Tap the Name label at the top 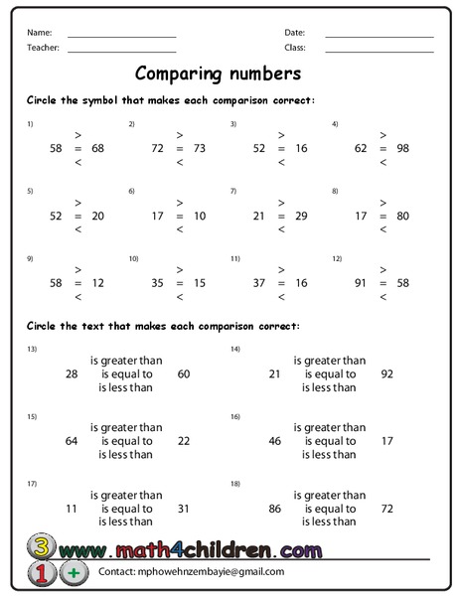pyautogui.click(x=40, y=33)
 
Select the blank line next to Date pyautogui.click(x=379, y=36)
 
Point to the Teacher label pyautogui.click(x=44, y=47)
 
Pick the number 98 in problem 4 pyautogui.click(x=402, y=147)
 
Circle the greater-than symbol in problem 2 pyautogui.click(x=180, y=134)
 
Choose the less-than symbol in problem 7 pyautogui.click(x=281, y=228)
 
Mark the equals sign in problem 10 pyautogui.click(x=180, y=283)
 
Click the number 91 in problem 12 pyautogui.click(x=360, y=283)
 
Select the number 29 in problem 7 pyautogui.click(x=301, y=216)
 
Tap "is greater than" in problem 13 pyautogui.click(x=126, y=361)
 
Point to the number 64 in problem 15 pyautogui.click(x=71, y=441)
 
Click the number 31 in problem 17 pyautogui.click(x=184, y=508)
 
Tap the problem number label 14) pyautogui.click(x=235, y=350)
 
